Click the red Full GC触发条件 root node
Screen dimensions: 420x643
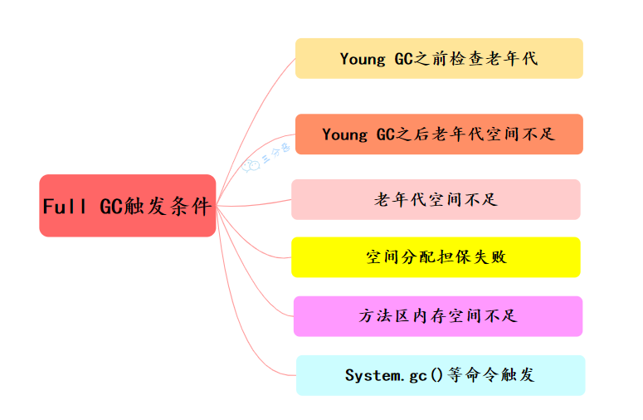pyautogui.click(x=127, y=206)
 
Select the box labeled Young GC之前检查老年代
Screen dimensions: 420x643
pyautogui.click(x=439, y=58)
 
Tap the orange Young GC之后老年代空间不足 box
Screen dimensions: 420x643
pyautogui.click(x=439, y=134)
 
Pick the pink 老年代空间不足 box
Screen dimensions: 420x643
pyautogui.click(x=436, y=199)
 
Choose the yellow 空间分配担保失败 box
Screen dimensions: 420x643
pyautogui.click(x=436, y=257)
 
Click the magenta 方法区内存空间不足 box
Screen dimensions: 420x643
pyautogui.click(x=438, y=316)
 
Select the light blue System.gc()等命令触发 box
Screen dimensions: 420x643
pyautogui.click(x=441, y=375)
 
